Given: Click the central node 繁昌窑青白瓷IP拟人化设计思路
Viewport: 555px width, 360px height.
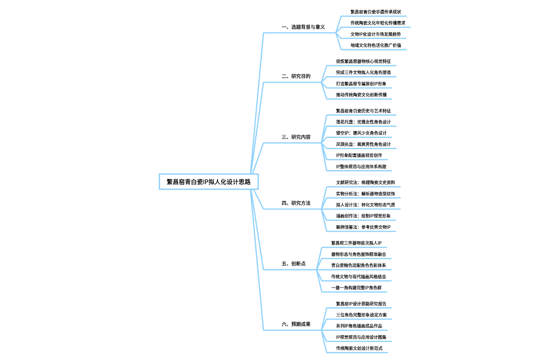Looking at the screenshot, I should pyautogui.click(x=209, y=182).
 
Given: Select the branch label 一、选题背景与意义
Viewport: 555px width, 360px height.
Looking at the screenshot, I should pyautogui.click(x=303, y=27).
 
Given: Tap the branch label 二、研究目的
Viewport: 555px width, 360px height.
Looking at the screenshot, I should pyautogui.click(x=296, y=76).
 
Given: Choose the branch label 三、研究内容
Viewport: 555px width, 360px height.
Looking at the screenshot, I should pyautogui.click(x=296, y=137).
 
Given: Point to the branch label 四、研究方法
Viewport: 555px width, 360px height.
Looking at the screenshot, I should pyautogui.click(x=296, y=203).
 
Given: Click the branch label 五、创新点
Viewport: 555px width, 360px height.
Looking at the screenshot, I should pyautogui.click(x=294, y=264).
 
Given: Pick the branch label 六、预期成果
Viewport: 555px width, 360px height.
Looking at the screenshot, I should pyautogui.click(x=296, y=324).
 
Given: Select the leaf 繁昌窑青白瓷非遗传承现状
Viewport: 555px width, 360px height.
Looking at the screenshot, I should pyautogui.click(x=376, y=12).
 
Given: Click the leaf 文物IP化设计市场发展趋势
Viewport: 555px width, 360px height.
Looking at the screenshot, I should pyautogui.click(x=376, y=34).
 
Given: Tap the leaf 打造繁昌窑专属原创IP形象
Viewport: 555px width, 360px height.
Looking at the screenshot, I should pyautogui.click(x=361, y=84).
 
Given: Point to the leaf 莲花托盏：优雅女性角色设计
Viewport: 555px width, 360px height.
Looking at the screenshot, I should pyautogui.click(x=363, y=122).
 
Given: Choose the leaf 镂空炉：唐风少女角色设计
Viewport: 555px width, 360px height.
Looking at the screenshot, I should pyautogui.click(x=361, y=133).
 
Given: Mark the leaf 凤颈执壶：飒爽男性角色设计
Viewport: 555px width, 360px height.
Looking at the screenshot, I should pyautogui.click(x=363, y=144).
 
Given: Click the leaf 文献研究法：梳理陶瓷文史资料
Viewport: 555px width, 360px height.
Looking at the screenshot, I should pyautogui.click(x=365, y=183).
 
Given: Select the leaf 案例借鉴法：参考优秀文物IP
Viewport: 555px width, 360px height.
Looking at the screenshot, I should pyautogui.click(x=363, y=227).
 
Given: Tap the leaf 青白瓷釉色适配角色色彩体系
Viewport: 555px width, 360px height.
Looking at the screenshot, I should pyautogui.click(x=358, y=265).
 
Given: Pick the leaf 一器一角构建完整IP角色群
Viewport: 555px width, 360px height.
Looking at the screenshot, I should pyautogui.click(x=356, y=288).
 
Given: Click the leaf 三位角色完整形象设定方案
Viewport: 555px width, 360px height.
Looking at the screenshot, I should pyautogui.click(x=361, y=315).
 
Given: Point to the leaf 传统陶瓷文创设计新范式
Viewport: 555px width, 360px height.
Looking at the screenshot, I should pyautogui.click(x=359, y=348).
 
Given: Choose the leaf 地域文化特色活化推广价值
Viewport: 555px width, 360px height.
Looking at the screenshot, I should pyautogui.click(x=376, y=45).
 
